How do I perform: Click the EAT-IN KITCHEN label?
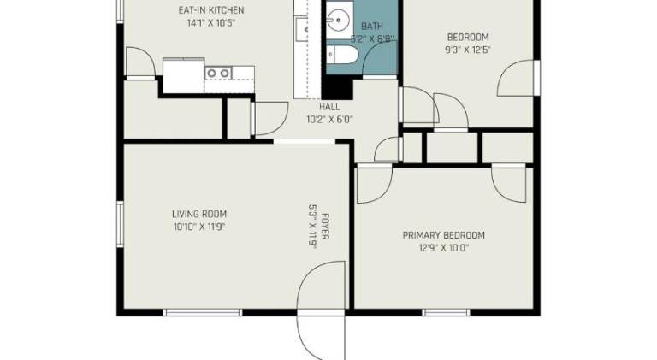211,10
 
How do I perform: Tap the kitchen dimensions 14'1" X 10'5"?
210,22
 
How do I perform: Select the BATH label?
372,26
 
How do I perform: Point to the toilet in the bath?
342,56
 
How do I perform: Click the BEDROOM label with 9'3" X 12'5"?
468,37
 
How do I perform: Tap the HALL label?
329,107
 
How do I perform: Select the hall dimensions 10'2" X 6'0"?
329,120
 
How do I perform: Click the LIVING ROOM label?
199,214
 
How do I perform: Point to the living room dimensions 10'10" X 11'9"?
199,227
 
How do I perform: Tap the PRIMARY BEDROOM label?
444,235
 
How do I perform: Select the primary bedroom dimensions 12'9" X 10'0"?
444,248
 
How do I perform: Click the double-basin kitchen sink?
218,74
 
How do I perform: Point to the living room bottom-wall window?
203,313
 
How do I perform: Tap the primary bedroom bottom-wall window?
446,313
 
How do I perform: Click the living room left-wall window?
121,224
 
